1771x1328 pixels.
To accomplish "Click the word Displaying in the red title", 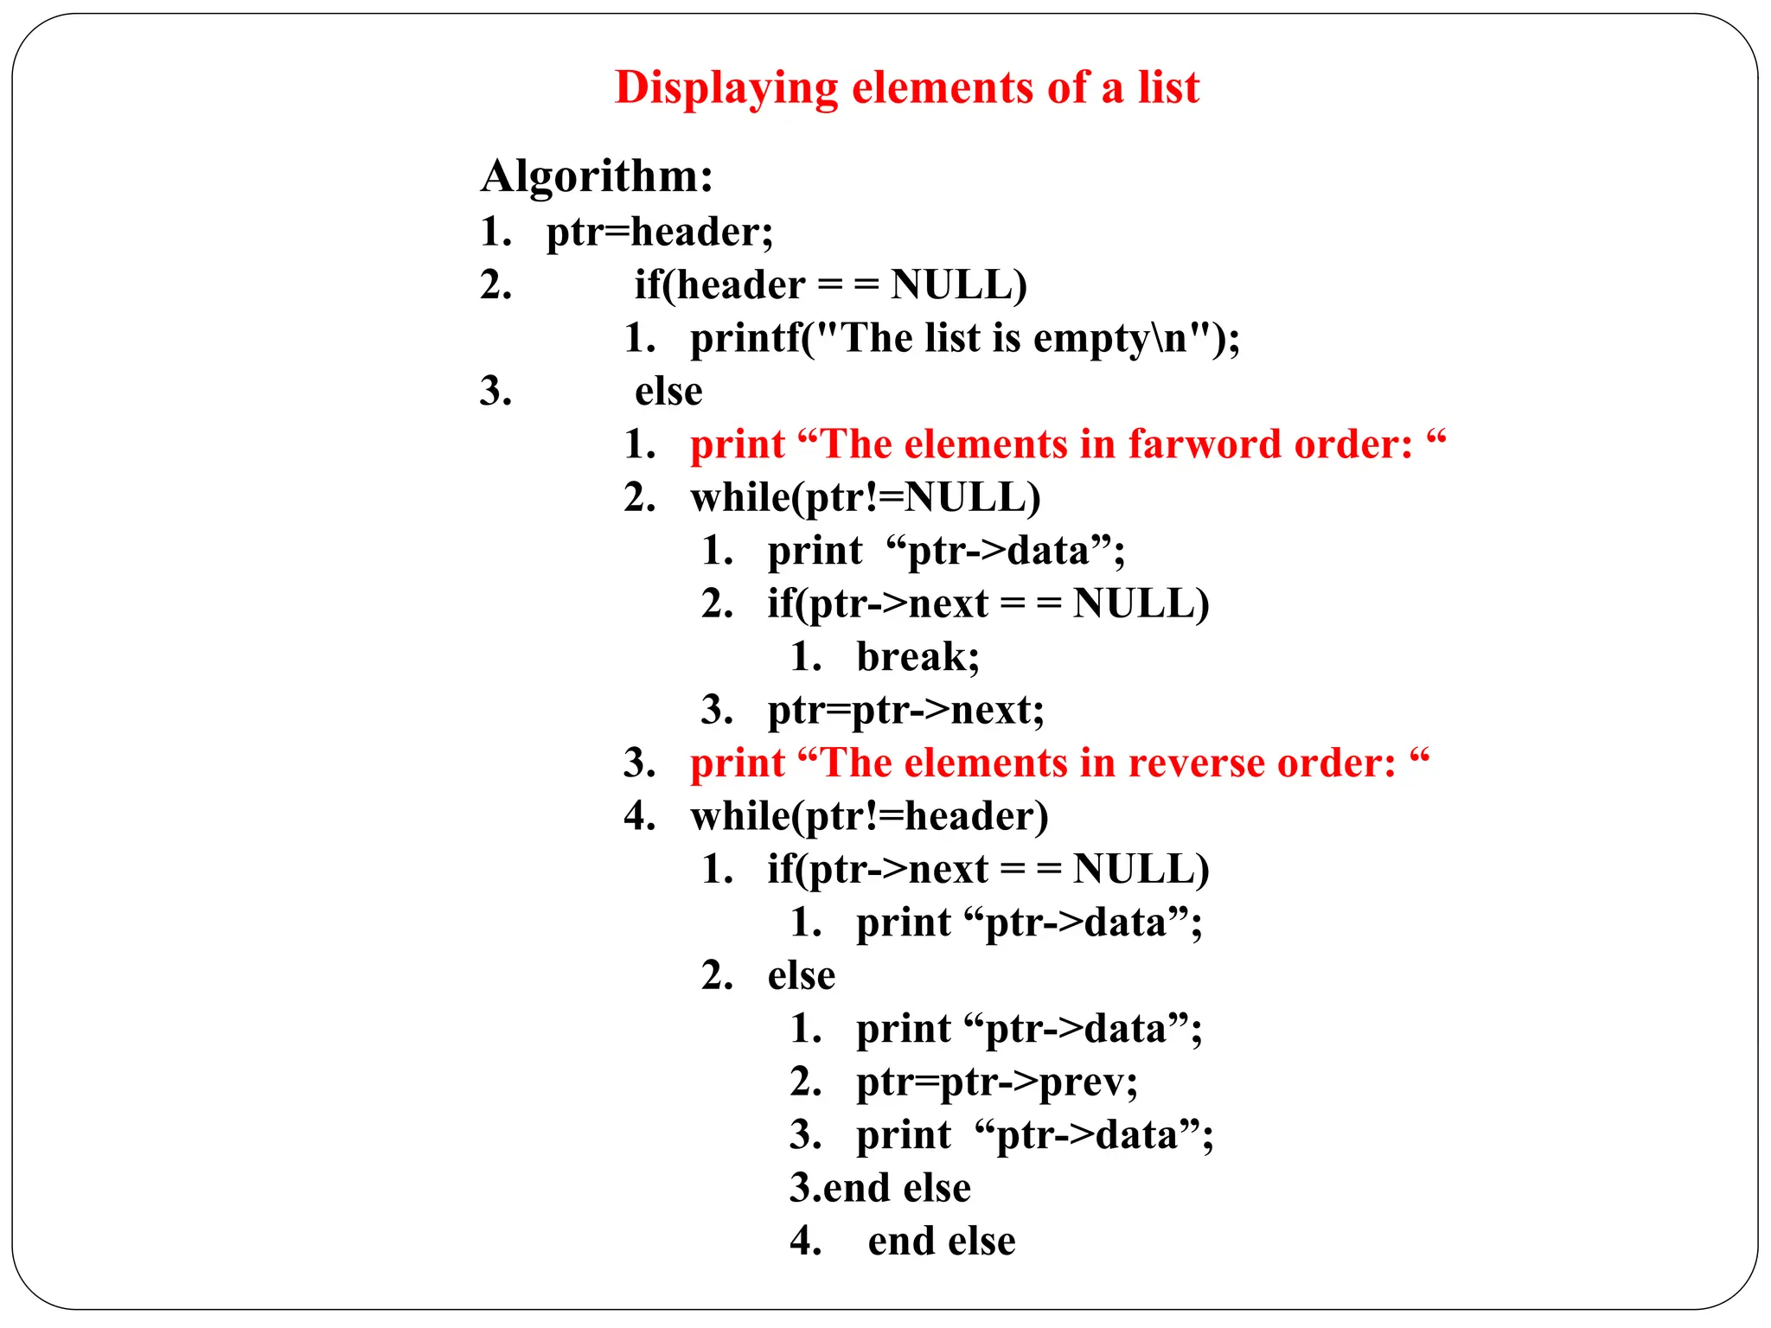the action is (x=726, y=88).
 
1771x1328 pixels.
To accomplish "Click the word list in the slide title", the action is (x=1168, y=88).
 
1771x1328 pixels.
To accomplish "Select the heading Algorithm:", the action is (x=597, y=176).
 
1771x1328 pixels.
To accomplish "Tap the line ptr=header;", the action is (x=659, y=232).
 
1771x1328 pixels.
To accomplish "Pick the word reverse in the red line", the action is (x=1197, y=763).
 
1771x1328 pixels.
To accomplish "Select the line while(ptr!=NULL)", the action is (x=865, y=498).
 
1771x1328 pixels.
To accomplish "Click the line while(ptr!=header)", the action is (x=869, y=816).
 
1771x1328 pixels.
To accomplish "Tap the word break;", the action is (x=917, y=657).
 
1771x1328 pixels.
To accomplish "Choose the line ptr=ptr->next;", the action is (x=905, y=711).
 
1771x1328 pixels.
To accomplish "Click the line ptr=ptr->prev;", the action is (x=996, y=1082).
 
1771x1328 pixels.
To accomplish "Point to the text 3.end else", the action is (x=879, y=1188).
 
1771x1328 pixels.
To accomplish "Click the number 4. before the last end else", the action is (x=805, y=1242).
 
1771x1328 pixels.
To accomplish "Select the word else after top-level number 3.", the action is (x=668, y=392).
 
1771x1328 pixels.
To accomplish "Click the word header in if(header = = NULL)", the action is (x=741, y=285).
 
